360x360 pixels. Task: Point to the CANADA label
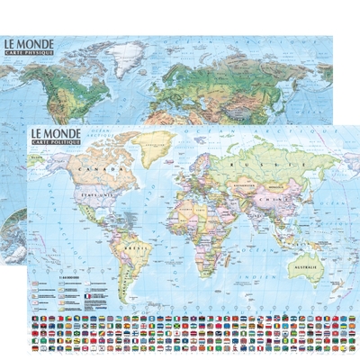(92, 168)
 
